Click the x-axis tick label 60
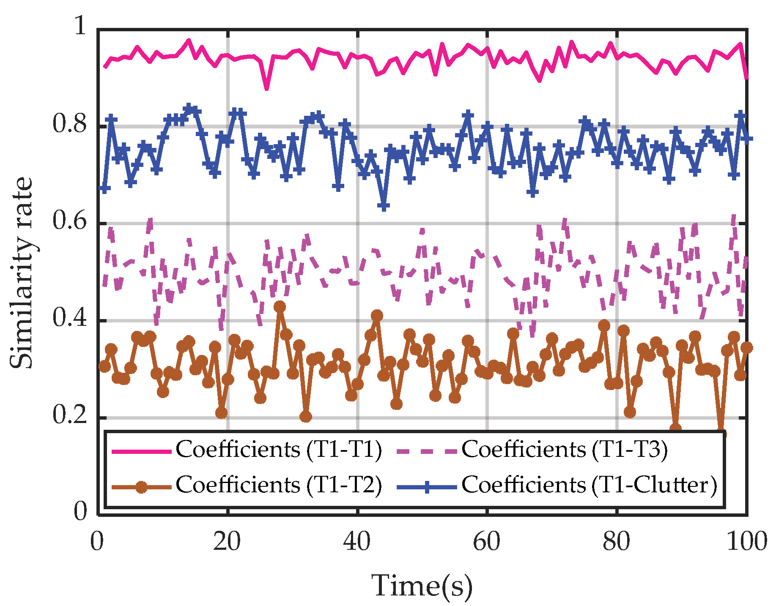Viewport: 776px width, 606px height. pyautogui.click(x=487, y=542)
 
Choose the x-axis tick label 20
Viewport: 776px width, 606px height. pyautogui.click(x=227, y=542)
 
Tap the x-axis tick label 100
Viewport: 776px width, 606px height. pyautogui.click(x=746, y=542)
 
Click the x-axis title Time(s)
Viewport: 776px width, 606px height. pyautogui.click(x=422, y=587)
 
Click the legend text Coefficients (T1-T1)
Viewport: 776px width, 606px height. pyautogui.click(x=279, y=450)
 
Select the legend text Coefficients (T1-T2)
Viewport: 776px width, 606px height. pyautogui.click(x=279, y=485)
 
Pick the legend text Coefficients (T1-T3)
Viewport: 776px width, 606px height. pyautogui.click(x=565, y=450)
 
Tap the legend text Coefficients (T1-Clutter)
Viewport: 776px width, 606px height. pyautogui.click(x=589, y=485)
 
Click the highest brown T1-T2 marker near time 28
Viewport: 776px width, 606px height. pyautogui.click(x=280, y=306)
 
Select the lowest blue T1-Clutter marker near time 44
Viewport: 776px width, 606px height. pyautogui.click(x=384, y=206)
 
